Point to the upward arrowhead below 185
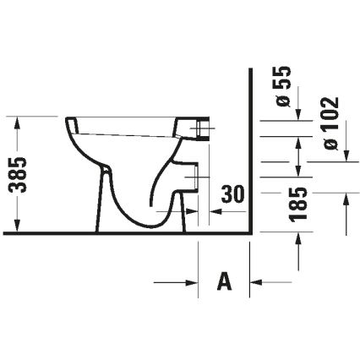point(297,240)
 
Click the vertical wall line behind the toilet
point(250,152)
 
